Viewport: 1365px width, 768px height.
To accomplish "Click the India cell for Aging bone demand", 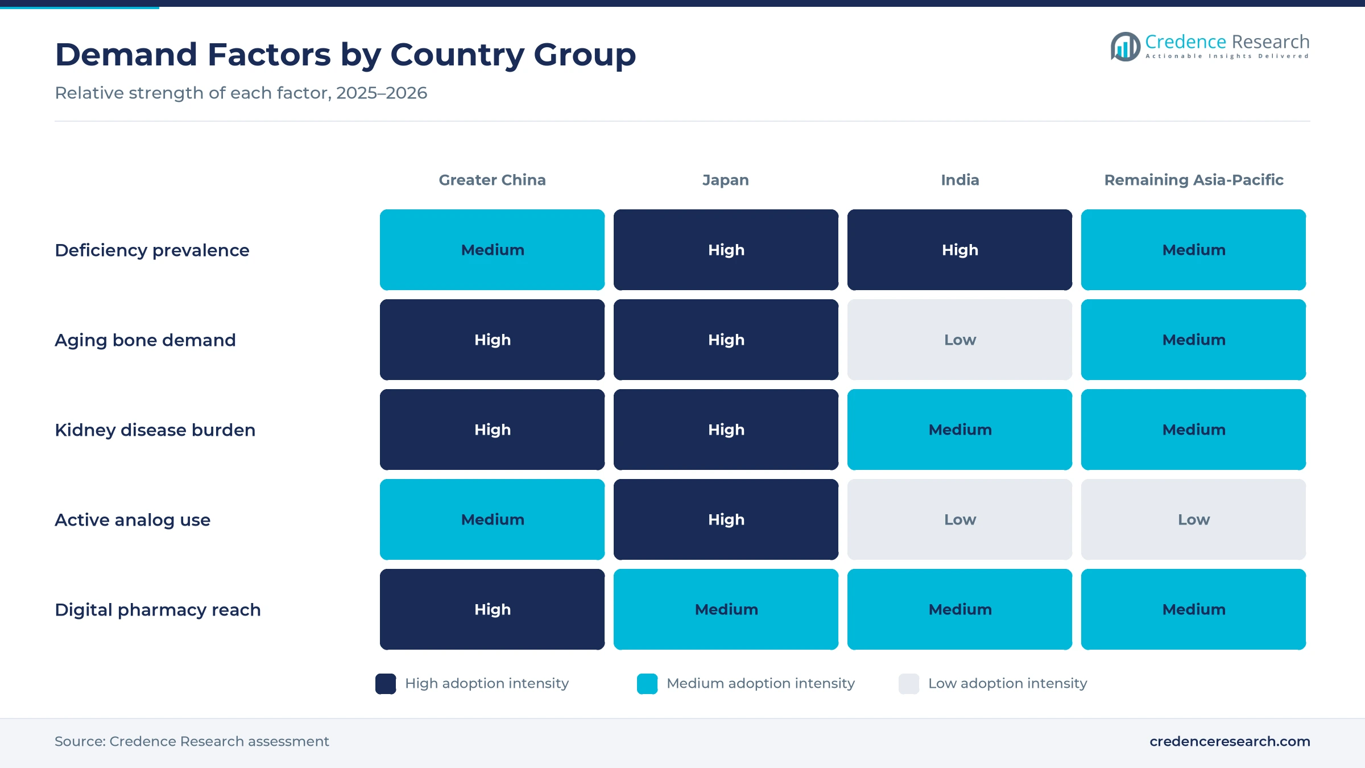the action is (x=959, y=340).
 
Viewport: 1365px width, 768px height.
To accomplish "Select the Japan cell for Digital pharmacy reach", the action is (x=726, y=609).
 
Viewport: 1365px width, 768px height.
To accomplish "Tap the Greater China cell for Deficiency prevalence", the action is (x=492, y=250).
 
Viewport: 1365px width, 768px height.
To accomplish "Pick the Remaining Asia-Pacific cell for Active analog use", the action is (x=1193, y=519).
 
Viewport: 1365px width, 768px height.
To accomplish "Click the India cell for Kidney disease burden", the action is (x=959, y=430).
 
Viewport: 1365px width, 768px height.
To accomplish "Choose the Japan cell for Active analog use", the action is (x=726, y=519).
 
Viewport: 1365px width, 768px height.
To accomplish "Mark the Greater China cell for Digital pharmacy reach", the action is (x=492, y=609).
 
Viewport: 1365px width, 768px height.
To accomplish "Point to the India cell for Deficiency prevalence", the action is (x=959, y=250).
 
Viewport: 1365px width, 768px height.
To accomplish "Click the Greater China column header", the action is (x=492, y=180).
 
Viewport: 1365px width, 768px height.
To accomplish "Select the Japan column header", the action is (x=726, y=180).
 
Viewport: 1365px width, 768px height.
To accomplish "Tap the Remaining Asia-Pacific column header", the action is (x=1194, y=180).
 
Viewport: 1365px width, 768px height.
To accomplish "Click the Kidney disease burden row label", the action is (x=155, y=430).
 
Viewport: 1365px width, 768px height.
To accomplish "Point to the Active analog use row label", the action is (x=133, y=520).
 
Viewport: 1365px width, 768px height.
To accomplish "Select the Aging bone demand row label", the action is (x=145, y=340).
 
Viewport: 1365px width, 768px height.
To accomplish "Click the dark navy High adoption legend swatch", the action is (x=386, y=684).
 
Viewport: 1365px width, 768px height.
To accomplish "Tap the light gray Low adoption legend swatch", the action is (x=909, y=684).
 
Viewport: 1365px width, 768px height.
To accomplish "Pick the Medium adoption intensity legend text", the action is (x=760, y=683).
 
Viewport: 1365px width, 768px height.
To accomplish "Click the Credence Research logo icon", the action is (x=1125, y=47).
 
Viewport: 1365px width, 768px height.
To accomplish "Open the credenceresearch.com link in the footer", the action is (x=1230, y=741).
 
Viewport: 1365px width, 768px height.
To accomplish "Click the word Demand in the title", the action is (x=126, y=55).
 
